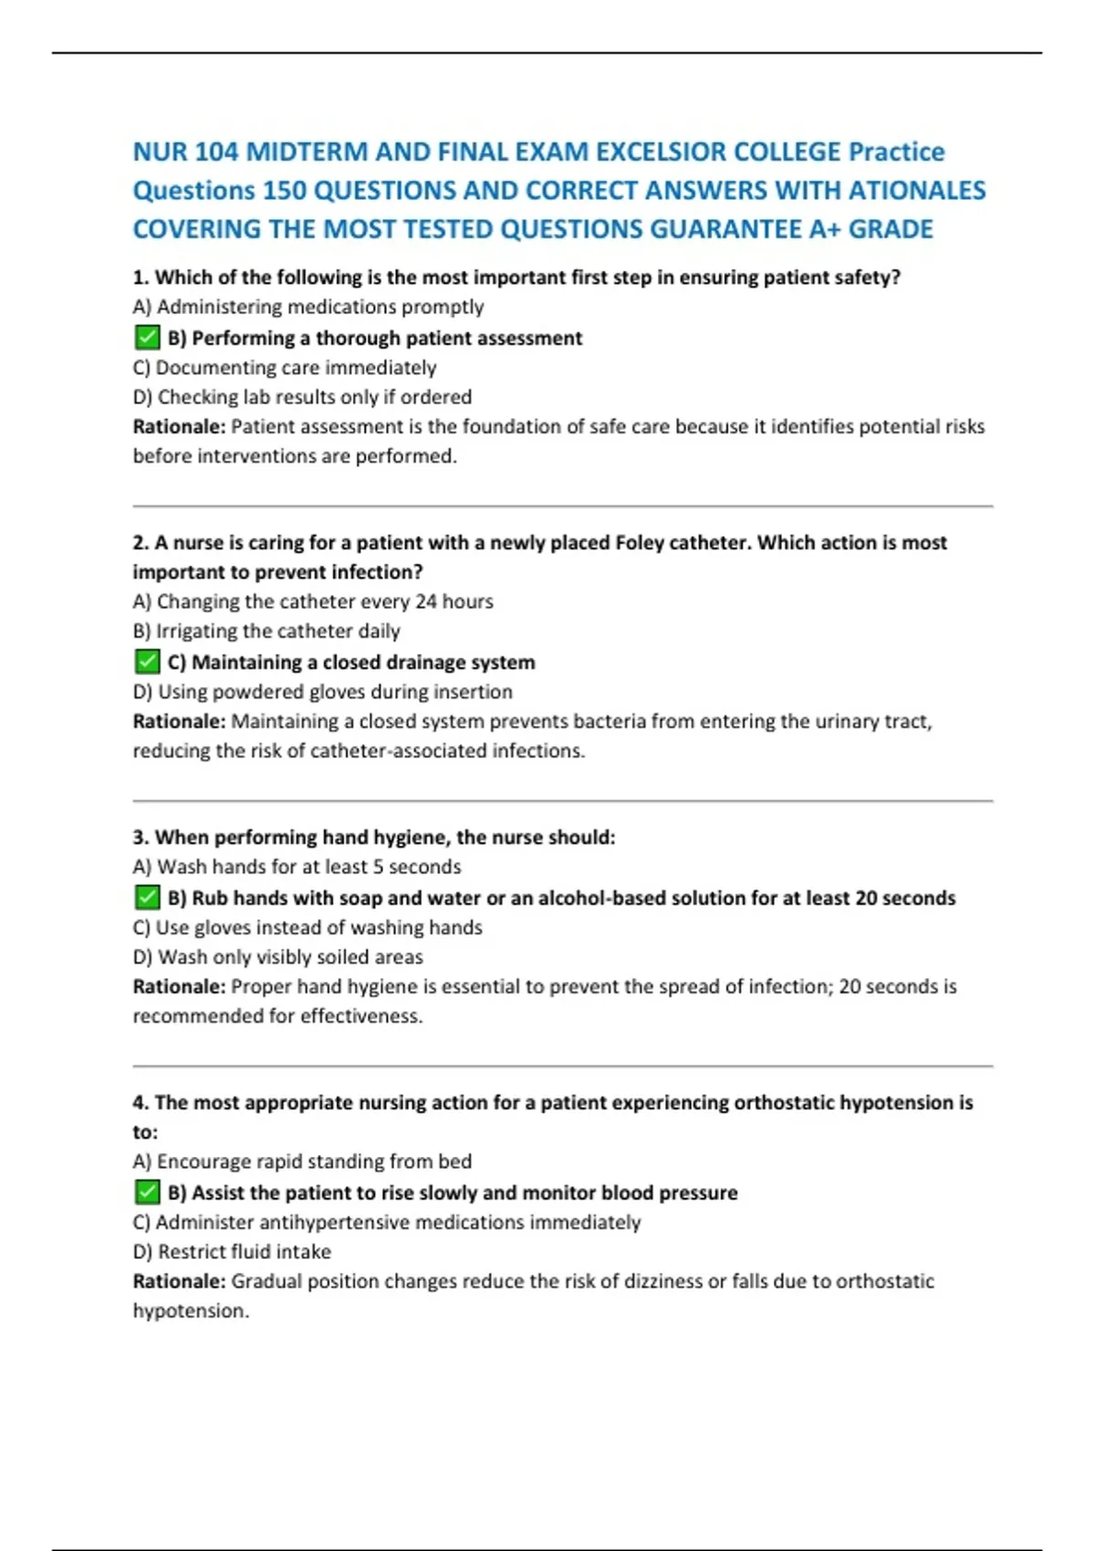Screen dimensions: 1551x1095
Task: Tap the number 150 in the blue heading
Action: [284, 191]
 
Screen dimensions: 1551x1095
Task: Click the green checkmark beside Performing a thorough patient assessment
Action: [147, 338]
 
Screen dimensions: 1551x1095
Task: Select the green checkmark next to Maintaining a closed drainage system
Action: [147, 662]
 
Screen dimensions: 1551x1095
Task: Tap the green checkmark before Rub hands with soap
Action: [147, 898]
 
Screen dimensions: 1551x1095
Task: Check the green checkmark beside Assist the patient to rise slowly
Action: [147, 1192]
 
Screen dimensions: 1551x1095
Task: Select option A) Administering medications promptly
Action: [308, 307]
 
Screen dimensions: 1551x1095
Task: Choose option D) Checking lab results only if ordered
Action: [302, 397]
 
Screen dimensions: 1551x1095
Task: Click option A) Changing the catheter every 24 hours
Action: [313, 601]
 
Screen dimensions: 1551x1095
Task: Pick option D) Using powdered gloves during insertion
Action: [322, 692]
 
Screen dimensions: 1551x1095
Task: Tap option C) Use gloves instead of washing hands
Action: [308, 928]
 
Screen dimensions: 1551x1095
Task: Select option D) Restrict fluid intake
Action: [232, 1252]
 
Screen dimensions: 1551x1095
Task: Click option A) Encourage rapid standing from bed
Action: [302, 1161]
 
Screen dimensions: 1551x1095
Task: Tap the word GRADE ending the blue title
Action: [891, 229]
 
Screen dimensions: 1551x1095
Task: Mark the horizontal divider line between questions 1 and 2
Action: [562, 505]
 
